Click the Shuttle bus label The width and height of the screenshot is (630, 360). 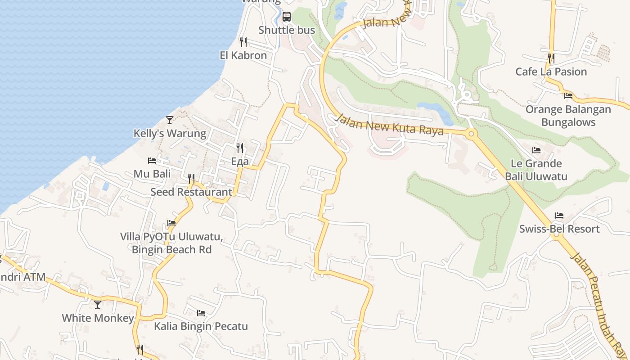(286, 30)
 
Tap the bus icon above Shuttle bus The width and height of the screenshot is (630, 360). (287, 17)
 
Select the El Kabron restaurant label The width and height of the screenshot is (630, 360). (243, 55)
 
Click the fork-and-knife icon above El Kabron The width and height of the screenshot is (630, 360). (243, 42)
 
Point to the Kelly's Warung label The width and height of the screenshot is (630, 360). (170, 133)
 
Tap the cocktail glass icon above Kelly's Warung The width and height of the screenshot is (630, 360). (170, 120)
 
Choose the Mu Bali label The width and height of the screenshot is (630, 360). (152, 174)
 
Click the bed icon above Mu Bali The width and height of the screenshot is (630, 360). (152, 161)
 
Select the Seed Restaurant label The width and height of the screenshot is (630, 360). (191, 192)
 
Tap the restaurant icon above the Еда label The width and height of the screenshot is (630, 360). (240, 148)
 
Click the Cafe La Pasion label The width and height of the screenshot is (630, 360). (551, 72)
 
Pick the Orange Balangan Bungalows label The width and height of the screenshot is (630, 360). (568, 116)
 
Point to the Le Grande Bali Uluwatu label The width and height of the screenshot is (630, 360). (536, 170)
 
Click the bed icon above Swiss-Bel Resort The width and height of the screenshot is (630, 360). (559, 216)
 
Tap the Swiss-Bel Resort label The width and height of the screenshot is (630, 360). (559, 229)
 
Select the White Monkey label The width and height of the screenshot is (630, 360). (98, 318)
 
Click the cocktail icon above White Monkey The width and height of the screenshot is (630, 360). (98, 305)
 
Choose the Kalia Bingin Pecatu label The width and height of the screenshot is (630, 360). (201, 326)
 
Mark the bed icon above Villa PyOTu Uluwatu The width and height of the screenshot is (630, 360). (171, 223)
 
